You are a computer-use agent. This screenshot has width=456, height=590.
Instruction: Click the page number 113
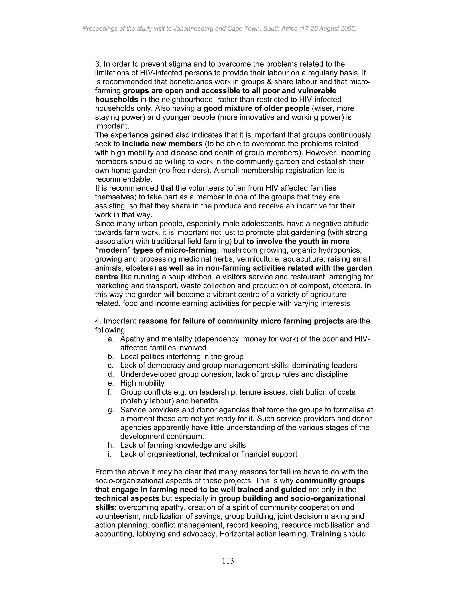228,561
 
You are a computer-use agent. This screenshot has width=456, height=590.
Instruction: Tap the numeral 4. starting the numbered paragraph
98,321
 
